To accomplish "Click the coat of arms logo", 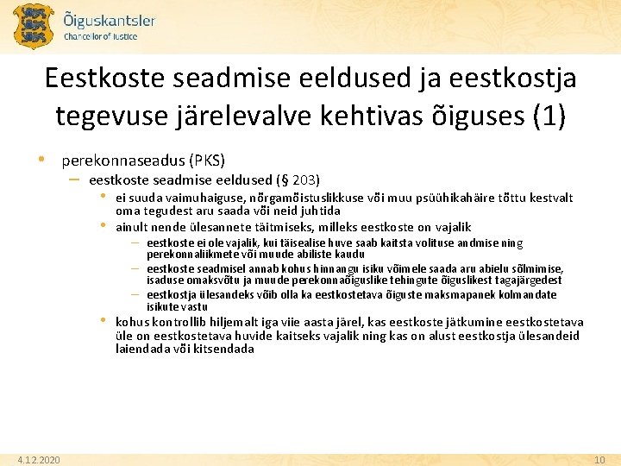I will (x=34, y=26).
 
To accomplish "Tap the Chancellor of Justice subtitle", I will (x=100, y=36).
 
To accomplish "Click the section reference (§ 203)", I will (x=297, y=179).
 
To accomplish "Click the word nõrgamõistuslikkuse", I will (x=297, y=198).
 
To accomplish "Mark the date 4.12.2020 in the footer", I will (x=38, y=460).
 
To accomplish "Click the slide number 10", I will (x=600, y=460).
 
